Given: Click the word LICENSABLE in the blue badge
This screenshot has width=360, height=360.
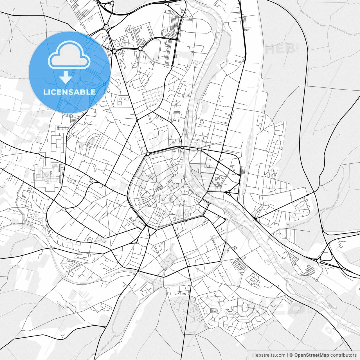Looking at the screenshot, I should [x=69, y=92].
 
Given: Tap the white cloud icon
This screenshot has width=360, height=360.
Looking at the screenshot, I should [x=69, y=55].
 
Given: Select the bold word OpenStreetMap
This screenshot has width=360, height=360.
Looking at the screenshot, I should [x=312, y=355].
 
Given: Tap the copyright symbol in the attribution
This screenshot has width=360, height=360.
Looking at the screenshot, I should [x=291, y=355].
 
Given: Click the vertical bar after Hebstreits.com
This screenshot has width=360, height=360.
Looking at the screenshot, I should [x=287, y=355].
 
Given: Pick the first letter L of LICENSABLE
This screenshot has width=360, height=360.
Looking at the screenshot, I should [x=45, y=92].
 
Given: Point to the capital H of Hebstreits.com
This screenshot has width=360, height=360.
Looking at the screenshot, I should [x=254, y=355].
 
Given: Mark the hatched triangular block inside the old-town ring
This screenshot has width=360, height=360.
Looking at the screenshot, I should [x=159, y=188].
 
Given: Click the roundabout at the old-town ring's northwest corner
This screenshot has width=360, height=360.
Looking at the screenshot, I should [x=148, y=154].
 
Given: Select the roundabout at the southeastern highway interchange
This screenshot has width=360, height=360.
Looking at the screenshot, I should [x=319, y=261].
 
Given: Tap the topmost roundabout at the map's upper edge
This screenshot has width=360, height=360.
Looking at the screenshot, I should [x=112, y=3].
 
